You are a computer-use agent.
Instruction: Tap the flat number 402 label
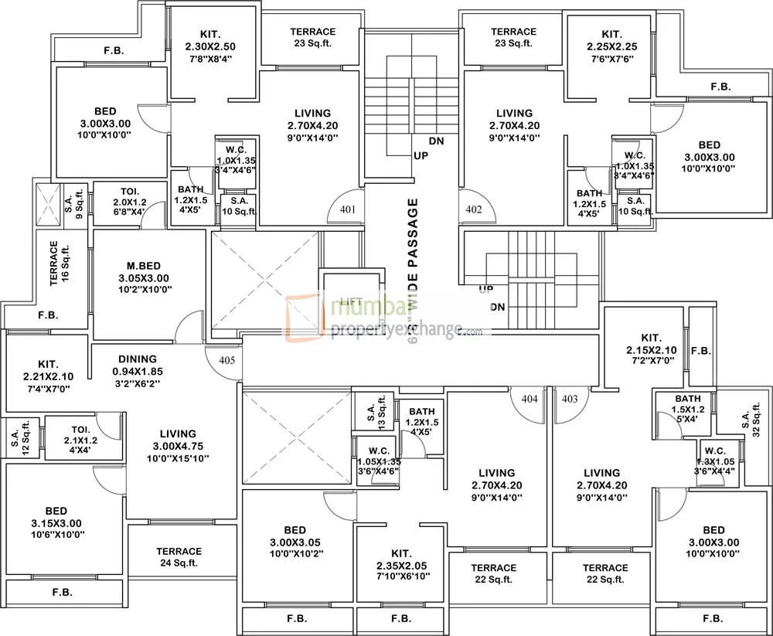pos(474,209)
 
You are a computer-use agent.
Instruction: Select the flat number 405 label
pos(226,360)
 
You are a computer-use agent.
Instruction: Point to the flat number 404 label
pos(529,400)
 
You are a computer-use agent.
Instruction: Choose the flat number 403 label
pos(570,400)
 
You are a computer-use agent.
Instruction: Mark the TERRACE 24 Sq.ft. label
pos(179,557)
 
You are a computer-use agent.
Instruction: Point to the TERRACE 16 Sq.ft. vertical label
pos(59,264)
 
